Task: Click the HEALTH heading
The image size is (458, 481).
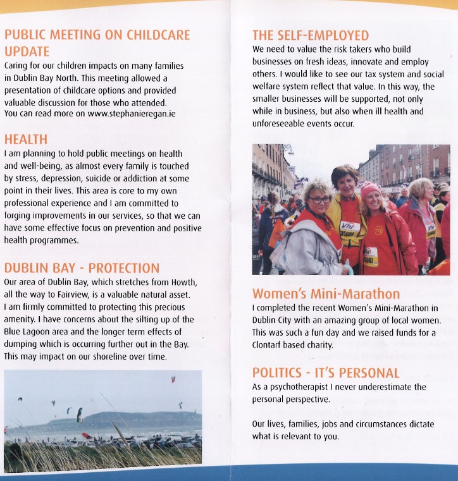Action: (x=25, y=138)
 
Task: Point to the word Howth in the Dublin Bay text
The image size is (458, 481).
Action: (x=184, y=281)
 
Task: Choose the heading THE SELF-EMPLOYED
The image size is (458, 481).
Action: (x=310, y=35)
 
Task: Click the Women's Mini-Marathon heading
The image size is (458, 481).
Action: (x=326, y=293)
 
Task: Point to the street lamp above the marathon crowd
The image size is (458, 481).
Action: (x=288, y=151)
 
